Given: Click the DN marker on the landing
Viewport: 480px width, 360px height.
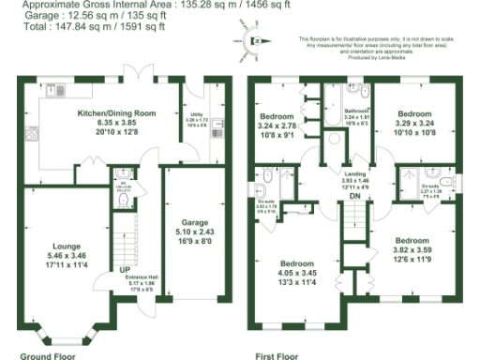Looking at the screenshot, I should [354, 196].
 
